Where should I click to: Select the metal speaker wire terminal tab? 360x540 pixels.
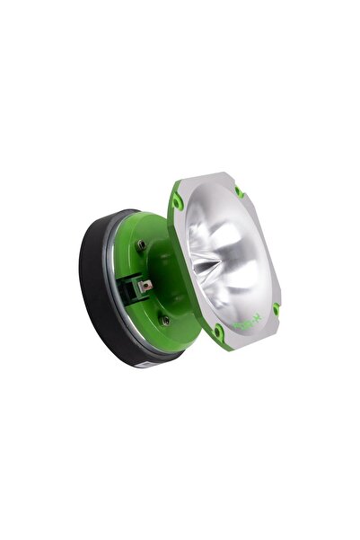[x=145, y=287]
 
